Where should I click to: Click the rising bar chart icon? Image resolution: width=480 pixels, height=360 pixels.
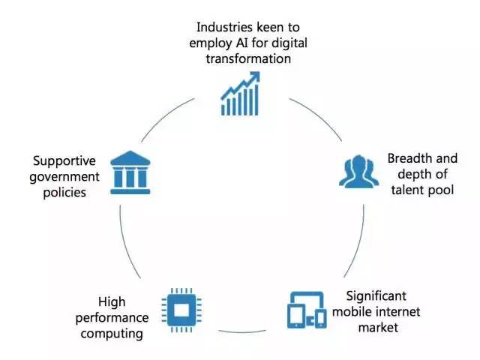239,93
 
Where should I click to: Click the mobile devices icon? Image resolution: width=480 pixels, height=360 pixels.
306,310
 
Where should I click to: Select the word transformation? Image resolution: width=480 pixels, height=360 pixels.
240,58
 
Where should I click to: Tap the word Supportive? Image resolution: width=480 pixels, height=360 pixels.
66,160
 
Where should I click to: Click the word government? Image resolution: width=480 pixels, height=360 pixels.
66,176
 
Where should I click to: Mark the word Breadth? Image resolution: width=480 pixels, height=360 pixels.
409,158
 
